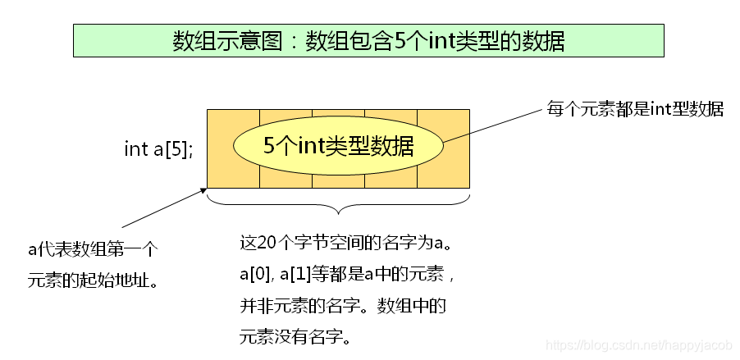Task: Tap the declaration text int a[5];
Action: pyautogui.click(x=158, y=148)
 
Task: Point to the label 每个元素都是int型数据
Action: pyautogui.click(x=635, y=109)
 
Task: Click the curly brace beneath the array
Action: pyautogui.click(x=338, y=201)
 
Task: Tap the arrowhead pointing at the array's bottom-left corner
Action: pyautogui.click(x=202, y=190)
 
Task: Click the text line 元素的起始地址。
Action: pyautogui.click(x=92, y=280)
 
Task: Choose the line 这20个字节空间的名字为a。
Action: pyautogui.click(x=345, y=244)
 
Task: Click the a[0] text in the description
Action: pyautogui.click(x=255, y=275)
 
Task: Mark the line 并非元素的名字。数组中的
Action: pyautogui.click(x=341, y=306)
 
